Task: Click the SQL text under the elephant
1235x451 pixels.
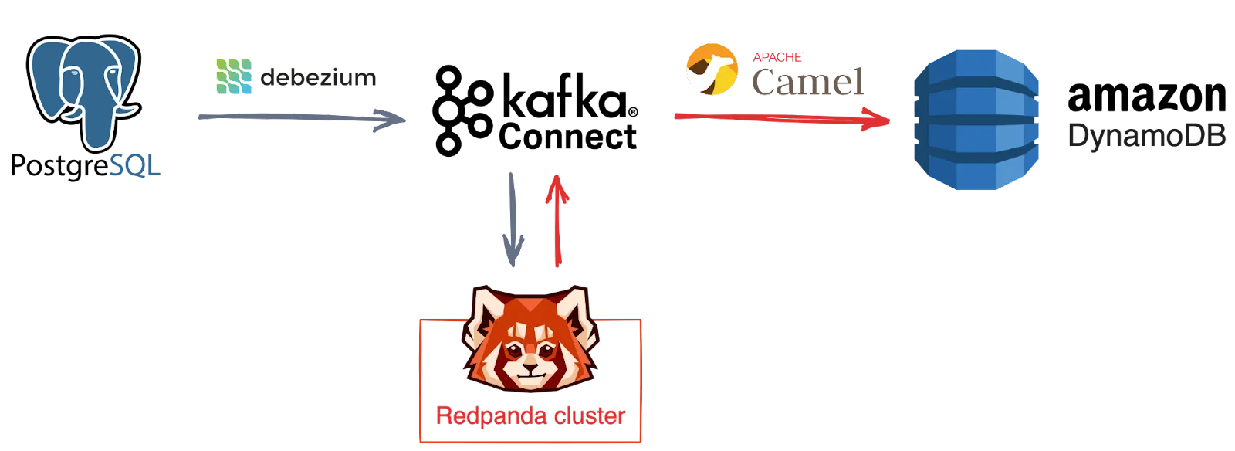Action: click(134, 165)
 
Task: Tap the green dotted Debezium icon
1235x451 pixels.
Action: click(234, 77)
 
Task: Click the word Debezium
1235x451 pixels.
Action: click(318, 77)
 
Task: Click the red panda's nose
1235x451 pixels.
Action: click(530, 368)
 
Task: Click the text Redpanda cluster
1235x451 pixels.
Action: click(530, 416)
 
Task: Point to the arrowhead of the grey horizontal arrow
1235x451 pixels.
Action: click(390, 119)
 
